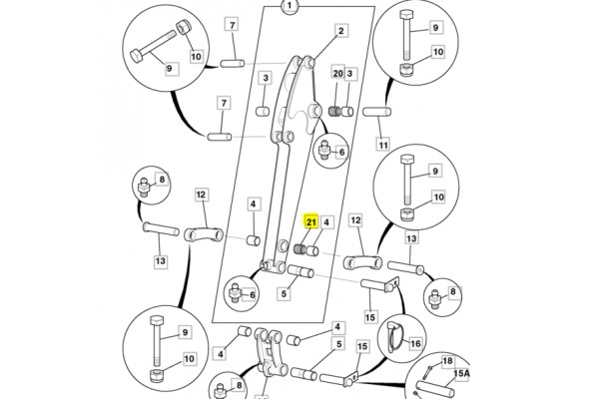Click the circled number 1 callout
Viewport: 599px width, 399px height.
(290, 8)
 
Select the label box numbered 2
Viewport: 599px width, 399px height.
(340, 32)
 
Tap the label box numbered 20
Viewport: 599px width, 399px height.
(337, 75)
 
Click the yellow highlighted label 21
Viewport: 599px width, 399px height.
(311, 222)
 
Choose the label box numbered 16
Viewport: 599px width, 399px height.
(415, 343)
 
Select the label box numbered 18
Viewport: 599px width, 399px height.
(447, 361)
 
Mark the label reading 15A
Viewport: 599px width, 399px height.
(462, 375)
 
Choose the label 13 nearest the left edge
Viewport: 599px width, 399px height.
(161, 261)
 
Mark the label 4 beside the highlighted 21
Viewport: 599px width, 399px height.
(327, 222)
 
